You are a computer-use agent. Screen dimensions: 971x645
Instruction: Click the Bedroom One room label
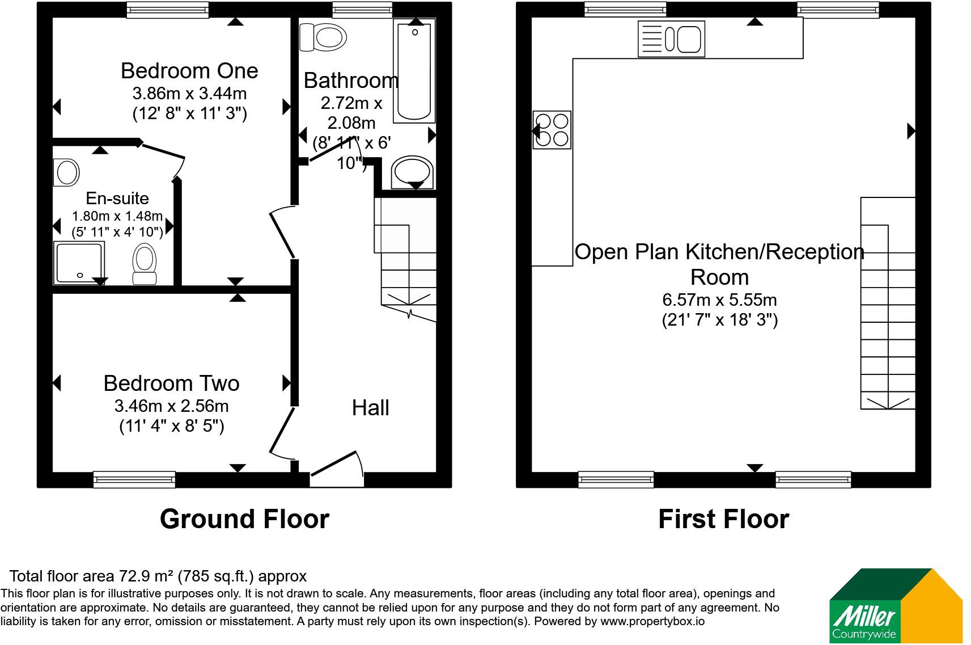189,71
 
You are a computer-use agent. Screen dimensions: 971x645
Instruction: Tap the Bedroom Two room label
172,383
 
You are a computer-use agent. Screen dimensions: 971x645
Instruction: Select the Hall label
370,408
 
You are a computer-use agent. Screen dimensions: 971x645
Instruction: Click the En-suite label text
117,198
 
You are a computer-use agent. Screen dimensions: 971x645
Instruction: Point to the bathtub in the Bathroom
414,71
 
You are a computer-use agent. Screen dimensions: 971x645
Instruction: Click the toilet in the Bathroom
323,37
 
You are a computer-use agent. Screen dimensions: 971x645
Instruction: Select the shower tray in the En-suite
79,263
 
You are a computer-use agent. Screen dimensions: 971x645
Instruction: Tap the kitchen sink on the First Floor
671,39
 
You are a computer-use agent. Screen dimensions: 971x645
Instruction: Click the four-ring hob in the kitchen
552,130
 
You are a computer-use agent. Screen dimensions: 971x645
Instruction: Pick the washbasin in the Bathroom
412,172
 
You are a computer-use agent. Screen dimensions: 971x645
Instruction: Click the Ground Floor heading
244,518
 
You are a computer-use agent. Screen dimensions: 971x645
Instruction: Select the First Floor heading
723,518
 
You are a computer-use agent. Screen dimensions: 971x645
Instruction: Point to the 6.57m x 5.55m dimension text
719,300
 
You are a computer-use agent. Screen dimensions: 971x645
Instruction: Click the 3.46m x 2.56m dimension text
172,406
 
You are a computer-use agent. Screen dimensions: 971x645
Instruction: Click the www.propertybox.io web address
652,621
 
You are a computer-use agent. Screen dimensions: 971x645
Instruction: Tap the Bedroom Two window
134,479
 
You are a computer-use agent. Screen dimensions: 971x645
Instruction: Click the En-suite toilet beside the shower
145,264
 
